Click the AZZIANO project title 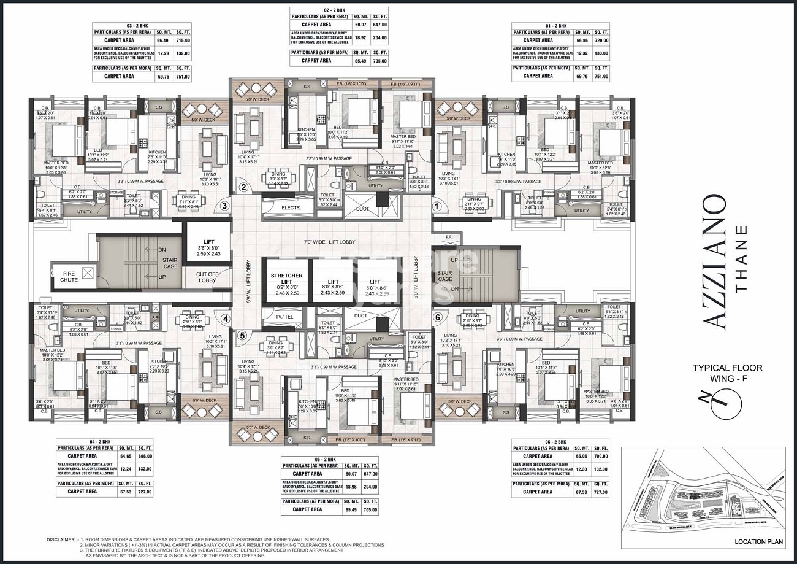click(714, 260)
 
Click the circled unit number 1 click(437, 206)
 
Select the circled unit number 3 click(225, 206)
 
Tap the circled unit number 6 click(437, 317)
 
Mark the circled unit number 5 click(242, 335)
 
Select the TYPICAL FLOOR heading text click(727, 368)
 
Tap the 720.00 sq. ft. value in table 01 click(601, 40)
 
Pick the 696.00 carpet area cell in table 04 click(145, 456)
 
